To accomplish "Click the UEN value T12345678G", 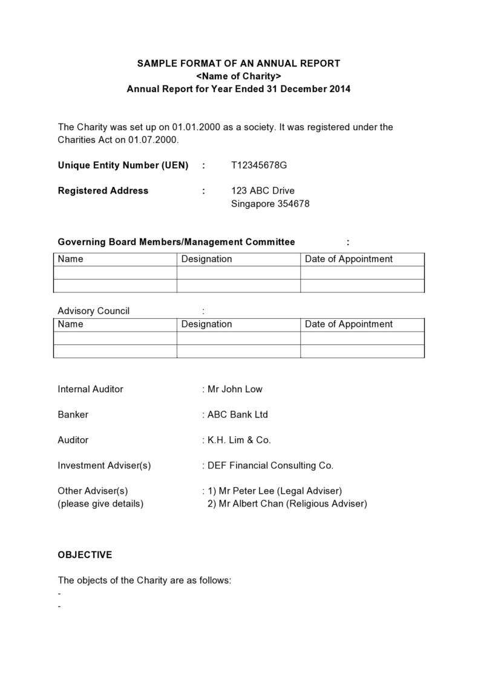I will pyautogui.click(x=259, y=165).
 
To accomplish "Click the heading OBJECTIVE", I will pyautogui.click(x=85, y=555).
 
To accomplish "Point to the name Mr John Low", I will pyautogui.click(x=235, y=389).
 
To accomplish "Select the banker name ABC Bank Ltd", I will pyautogui.click(x=237, y=415).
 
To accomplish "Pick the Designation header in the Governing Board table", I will pyautogui.click(x=206, y=259).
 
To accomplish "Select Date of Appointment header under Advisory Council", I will pyautogui.click(x=349, y=324).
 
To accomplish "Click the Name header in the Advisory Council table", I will pyautogui.click(x=70, y=324).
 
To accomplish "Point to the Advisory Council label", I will pyautogui.click(x=93, y=311).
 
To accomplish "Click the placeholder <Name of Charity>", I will pyautogui.click(x=238, y=76).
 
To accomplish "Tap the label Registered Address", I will pyautogui.click(x=103, y=191).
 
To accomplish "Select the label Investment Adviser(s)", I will pyautogui.click(x=104, y=465).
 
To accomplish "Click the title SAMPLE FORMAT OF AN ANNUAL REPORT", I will pyautogui.click(x=238, y=64).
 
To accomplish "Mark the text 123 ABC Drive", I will pyautogui.click(x=263, y=191).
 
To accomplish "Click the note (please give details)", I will pyautogui.click(x=100, y=504).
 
